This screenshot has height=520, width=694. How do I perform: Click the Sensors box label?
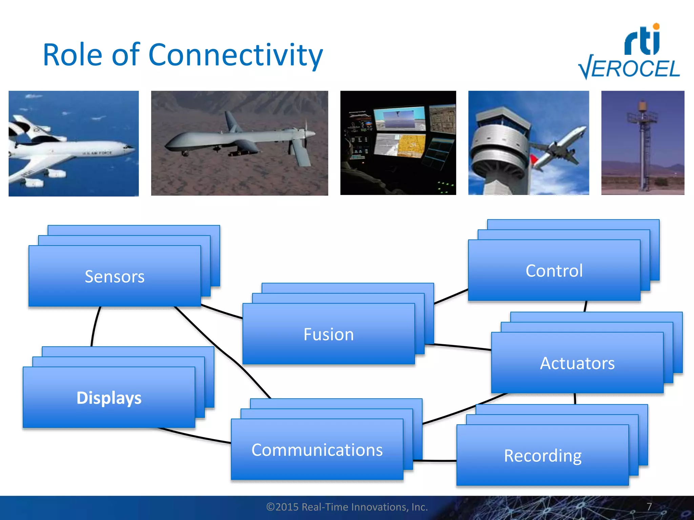point(115,277)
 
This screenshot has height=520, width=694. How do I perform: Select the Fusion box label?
point(328,334)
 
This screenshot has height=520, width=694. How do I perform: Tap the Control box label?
point(554,271)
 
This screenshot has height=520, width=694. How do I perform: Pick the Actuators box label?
point(577,363)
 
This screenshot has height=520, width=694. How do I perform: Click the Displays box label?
point(109,398)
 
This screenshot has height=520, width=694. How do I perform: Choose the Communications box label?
point(317,450)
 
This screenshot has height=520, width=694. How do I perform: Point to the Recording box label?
point(543,456)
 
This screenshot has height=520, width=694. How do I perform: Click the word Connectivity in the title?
point(235,55)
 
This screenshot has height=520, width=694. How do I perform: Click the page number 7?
point(649,506)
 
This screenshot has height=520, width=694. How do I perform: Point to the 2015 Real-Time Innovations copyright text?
point(347,507)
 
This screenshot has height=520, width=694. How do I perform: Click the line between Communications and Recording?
point(435,461)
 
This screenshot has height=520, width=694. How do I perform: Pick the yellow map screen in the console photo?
point(411,146)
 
